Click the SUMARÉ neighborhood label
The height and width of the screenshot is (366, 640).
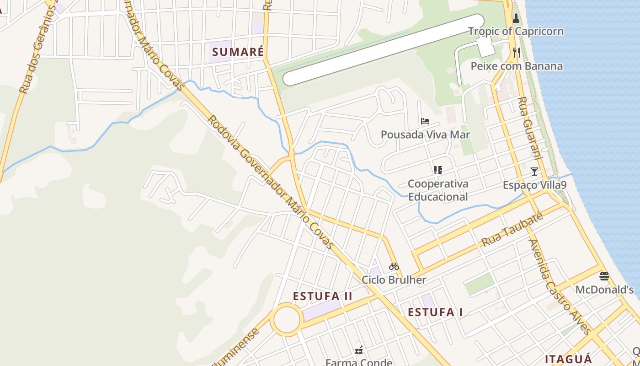click(x=238, y=52)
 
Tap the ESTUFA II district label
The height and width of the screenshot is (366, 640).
click(x=323, y=296)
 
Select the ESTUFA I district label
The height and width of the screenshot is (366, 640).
click(x=435, y=312)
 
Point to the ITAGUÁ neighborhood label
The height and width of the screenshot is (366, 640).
click(x=568, y=359)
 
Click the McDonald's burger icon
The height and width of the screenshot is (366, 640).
click(x=604, y=276)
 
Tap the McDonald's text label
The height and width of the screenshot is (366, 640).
click(x=604, y=290)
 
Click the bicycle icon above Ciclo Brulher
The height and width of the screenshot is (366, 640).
click(x=394, y=266)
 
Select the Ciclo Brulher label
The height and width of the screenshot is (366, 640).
click(x=394, y=280)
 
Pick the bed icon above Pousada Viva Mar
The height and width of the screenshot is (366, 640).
click(x=425, y=121)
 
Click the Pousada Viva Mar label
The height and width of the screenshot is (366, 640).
click(x=425, y=135)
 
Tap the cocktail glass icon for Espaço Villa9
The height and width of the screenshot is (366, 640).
click(x=534, y=172)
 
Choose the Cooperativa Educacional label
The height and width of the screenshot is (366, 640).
click(x=438, y=190)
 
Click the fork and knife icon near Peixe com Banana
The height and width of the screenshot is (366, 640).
click(x=517, y=52)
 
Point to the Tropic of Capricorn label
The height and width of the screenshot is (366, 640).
click(x=516, y=32)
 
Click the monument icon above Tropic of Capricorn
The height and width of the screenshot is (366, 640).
click(x=516, y=18)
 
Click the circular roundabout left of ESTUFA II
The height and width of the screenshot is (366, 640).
click(x=287, y=320)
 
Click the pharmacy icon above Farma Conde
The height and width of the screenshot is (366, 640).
click(x=359, y=350)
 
